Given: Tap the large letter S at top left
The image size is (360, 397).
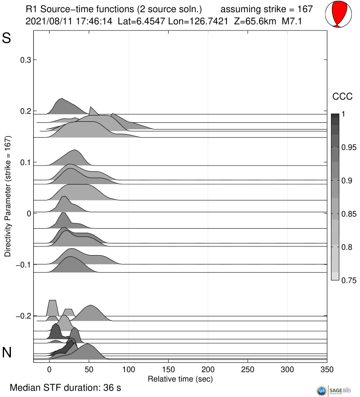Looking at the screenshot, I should tap(7, 38).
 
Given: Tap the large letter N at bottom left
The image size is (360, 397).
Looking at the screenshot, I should tap(7, 352).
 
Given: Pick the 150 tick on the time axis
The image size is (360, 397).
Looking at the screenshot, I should tap(169, 370).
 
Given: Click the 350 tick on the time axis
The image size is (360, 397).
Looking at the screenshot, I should tap(327, 370).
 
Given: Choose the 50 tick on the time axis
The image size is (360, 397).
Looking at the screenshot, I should tap(89, 370).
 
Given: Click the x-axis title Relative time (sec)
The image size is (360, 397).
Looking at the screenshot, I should tap(180, 378).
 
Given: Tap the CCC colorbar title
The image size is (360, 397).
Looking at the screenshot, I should tap(341, 96).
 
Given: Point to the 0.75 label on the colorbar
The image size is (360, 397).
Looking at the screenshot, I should tap(349, 280).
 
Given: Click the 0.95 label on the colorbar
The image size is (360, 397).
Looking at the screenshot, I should tap(349, 147).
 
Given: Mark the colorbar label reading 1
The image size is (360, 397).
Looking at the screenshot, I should tap(344, 115).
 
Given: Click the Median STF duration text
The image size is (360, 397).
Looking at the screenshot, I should tap(65, 387).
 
